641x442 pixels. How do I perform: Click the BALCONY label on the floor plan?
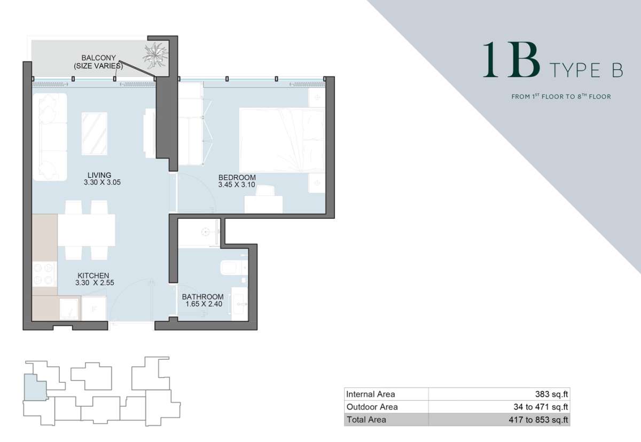(x=99, y=58)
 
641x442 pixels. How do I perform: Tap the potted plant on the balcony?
(x=155, y=55)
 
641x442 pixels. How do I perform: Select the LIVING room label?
(x=99, y=175)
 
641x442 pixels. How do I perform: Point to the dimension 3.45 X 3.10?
(x=237, y=185)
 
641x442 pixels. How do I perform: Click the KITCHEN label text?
(x=93, y=275)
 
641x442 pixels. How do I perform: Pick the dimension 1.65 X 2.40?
(x=204, y=304)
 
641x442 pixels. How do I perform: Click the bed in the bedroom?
(x=282, y=140)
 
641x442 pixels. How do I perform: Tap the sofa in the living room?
(x=50, y=137)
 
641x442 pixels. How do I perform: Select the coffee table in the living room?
(x=95, y=133)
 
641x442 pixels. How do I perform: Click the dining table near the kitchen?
(x=87, y=230)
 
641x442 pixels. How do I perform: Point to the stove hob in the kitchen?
(x=44, y=274)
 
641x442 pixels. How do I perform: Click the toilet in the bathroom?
(x=234, y=268)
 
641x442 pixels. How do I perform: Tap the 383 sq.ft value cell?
(x=551, y=394)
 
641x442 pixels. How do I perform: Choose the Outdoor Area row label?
(x=372, y=407)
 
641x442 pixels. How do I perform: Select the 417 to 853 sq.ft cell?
(x=538, y=420)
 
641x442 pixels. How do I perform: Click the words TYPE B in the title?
(x=587, y=70)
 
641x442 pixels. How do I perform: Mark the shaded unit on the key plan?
(x=35, y=388)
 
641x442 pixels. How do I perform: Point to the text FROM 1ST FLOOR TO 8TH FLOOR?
(x=561, y=96)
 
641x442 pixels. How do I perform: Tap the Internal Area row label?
(x=371, y=394)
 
